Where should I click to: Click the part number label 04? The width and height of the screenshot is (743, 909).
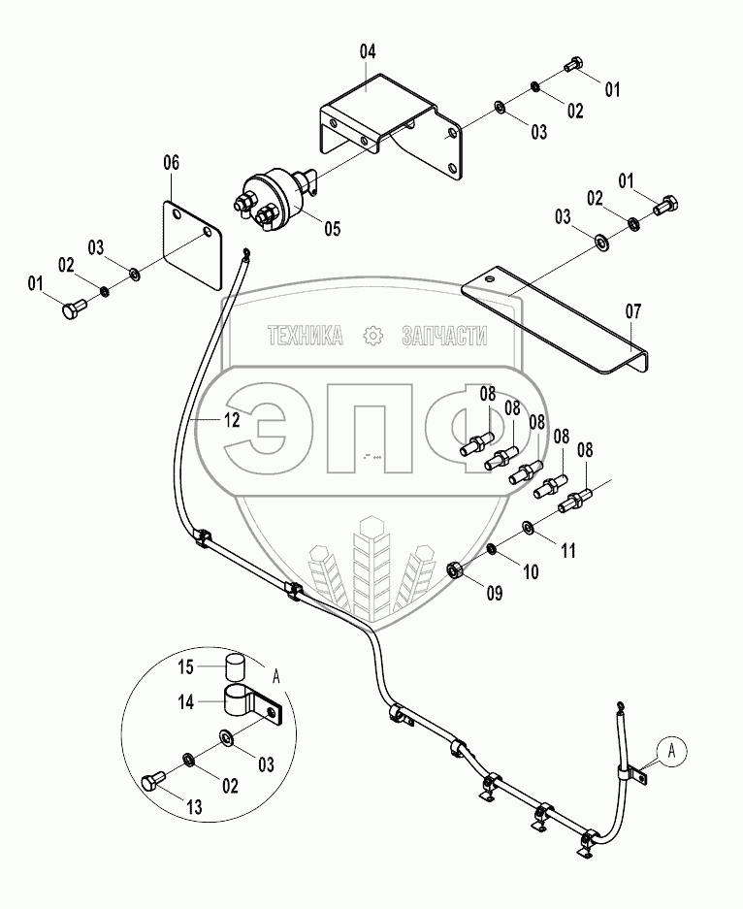pos(368,51)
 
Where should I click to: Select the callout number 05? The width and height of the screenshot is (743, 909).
pos(332,230)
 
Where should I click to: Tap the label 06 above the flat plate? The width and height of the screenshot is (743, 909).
pos(171,163)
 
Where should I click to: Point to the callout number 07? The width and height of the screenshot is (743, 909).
pos(632,311)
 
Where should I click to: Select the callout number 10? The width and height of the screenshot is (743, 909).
pos(531,572)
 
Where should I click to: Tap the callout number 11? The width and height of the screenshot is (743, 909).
pos(567,550)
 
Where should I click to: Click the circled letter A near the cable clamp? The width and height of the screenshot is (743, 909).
pos(670,748)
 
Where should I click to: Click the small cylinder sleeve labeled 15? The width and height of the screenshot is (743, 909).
pos(233,668)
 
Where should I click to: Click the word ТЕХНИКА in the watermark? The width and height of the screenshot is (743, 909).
pos(305,337)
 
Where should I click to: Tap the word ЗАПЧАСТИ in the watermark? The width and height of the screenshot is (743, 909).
pos(443,337)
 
